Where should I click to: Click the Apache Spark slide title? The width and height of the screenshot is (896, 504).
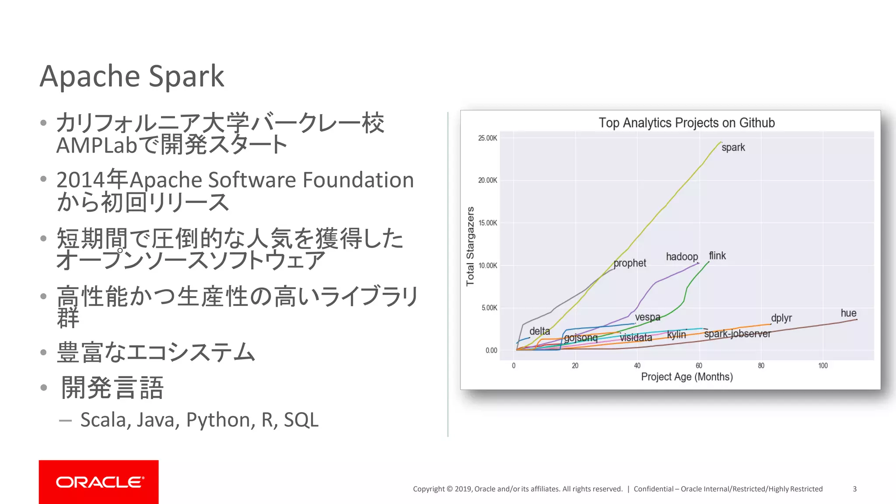[132, 77]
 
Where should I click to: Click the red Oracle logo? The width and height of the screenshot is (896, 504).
[98, 482]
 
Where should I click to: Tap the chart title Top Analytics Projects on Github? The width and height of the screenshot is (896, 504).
[686, 123]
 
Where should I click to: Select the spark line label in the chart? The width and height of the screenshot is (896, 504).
[733, 147]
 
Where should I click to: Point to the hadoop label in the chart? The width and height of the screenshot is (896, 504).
[682, 257]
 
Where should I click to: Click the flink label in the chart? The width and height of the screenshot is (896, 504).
[717, 255]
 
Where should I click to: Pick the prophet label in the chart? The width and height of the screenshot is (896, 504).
[630, 263]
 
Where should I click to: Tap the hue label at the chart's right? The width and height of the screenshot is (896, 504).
[848, 313]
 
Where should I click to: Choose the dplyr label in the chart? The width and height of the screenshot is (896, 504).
[781, 318]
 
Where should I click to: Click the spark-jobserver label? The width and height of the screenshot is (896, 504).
[737, 334]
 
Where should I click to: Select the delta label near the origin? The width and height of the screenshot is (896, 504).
[539, 331]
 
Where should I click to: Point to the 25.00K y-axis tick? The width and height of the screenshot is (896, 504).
[487, 138]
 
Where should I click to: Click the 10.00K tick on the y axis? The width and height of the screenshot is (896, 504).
[487, 266]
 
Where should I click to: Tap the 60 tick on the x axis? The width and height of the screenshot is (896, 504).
[699, 366]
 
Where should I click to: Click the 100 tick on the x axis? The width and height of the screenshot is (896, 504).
[823, 366]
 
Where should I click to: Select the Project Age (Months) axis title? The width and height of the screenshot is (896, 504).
[686, 377]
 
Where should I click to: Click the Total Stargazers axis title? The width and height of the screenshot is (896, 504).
[470, 246]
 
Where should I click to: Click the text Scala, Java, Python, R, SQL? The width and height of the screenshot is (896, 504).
[199, 420]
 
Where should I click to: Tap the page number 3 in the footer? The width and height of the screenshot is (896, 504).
[854, 489]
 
